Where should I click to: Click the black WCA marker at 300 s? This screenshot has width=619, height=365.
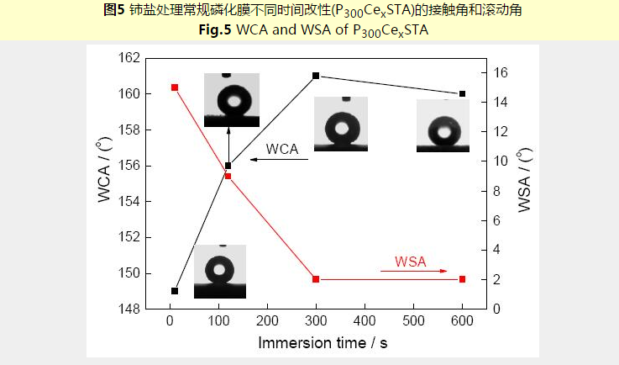[x=316, y=76]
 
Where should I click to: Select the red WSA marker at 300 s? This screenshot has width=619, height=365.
[x=316, y=279]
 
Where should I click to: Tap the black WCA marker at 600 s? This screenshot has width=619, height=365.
[x=462, y=94]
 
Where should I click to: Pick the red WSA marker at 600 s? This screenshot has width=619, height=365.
[x=462, y=279]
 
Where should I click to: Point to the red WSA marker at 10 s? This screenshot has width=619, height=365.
[x=175, y=87]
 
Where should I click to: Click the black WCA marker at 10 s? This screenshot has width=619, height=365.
[x=175, y=291]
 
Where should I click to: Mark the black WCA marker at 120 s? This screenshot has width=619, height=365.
[x=228, y=166]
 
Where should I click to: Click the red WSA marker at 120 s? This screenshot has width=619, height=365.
[x=228, y=177]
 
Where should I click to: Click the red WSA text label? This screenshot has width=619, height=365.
[x=411, y=262]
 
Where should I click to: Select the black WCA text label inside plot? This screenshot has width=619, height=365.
[x=282, y=149]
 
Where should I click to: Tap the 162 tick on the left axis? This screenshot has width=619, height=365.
[x=129, y=58]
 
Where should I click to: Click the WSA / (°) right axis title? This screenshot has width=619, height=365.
[x=525, y=180]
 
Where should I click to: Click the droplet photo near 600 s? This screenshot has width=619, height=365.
[x=443, y=126]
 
